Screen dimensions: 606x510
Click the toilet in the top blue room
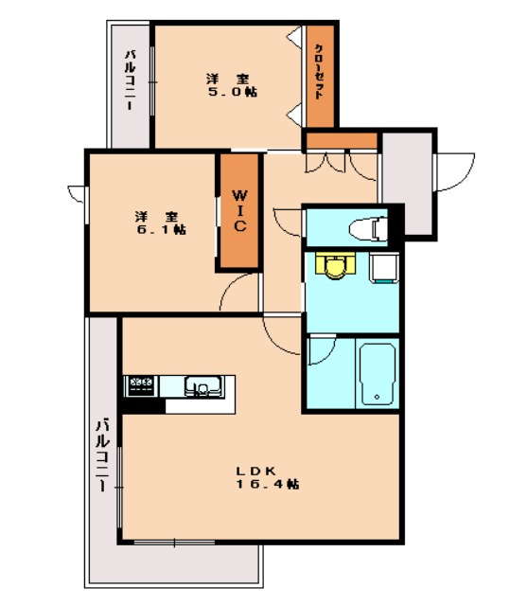point(367,227)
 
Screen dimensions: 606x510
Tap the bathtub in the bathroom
point(376,373)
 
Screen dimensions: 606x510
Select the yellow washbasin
point(331,267)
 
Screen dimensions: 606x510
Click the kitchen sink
point(202,385)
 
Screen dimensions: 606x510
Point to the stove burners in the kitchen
point(140,385)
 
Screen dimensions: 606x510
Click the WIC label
point(240,210)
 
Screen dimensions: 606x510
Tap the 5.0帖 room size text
point(233,93)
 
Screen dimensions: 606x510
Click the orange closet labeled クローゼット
point(320,75)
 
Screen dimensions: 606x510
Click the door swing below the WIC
point(237,292)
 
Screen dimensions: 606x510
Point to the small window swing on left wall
point(76,193)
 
